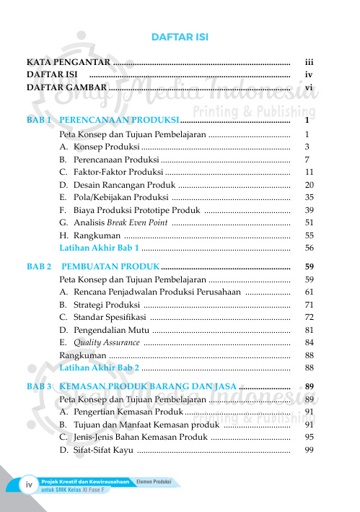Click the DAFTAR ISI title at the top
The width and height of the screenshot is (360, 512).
coord(180,38)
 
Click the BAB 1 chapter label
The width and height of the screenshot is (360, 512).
coord(38,120)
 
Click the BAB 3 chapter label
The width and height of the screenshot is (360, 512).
coord(38,386)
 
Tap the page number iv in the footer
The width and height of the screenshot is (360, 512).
coord(30,485)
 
